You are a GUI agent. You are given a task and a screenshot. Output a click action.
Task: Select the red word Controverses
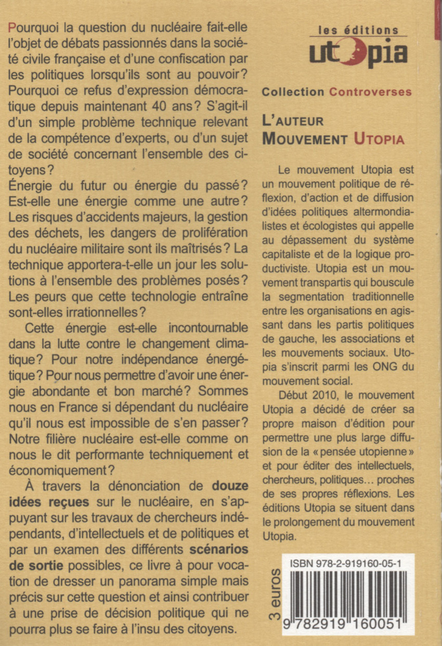point(370,92)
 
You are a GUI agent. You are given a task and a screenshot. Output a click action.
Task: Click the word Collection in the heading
point(293,92)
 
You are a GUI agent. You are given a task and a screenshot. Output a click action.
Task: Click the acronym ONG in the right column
point(374,366)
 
